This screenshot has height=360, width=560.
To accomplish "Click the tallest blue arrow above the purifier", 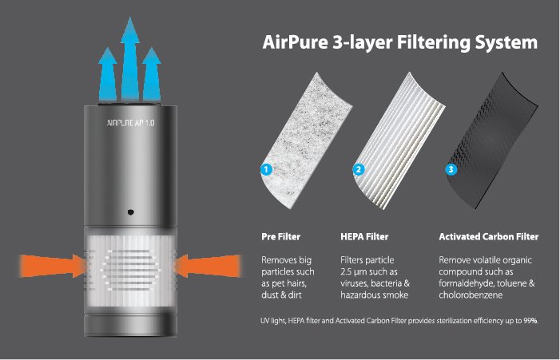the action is click(130, 59).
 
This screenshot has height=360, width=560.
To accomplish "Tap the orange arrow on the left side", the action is click(53, 266).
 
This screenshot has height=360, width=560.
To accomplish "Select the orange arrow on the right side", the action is click(209, 266).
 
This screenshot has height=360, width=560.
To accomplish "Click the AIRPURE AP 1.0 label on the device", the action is click(131, 123).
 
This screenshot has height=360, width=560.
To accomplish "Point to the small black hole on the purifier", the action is click(131, 212).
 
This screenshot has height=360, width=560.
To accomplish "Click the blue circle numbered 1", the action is click(267, 169).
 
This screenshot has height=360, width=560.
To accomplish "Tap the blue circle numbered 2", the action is click(359, 169).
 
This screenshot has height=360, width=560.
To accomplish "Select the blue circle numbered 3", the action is click(451, 169).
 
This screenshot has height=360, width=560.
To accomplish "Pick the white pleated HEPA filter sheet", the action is click(400, 141).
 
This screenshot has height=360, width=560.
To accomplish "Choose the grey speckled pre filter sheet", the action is click(308, 141).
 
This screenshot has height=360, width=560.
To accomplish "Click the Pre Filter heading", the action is click(280, 236).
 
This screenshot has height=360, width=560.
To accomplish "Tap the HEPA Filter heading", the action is click(364, 236).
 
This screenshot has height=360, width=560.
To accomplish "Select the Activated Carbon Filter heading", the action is click(489, 236).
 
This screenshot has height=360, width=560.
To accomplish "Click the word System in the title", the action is click(506, 43).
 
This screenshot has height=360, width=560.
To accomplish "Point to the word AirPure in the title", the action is click(295, 42).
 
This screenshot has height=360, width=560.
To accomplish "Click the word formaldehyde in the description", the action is click(464, 283).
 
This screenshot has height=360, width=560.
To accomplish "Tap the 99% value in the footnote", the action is click(530, 321).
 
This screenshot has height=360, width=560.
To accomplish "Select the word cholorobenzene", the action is click(471, 295).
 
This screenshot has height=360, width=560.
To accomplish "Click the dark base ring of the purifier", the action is click(131, 325).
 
